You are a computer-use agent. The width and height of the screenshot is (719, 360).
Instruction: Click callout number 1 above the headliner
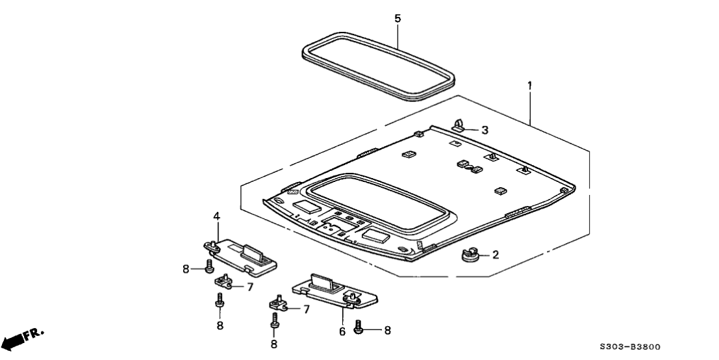click(529, 84)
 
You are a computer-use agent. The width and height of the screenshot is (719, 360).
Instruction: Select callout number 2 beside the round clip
click(495, 255)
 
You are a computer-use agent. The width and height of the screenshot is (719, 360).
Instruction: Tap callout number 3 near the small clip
click(485, 130)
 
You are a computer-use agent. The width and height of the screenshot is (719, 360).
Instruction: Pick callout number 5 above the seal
click(397, 18)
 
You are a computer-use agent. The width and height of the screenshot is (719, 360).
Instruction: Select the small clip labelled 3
click(459, 125)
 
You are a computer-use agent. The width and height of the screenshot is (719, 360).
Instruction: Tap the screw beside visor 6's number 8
click(359, 329)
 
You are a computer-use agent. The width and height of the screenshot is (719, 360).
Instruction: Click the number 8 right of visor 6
click(388, 330)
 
